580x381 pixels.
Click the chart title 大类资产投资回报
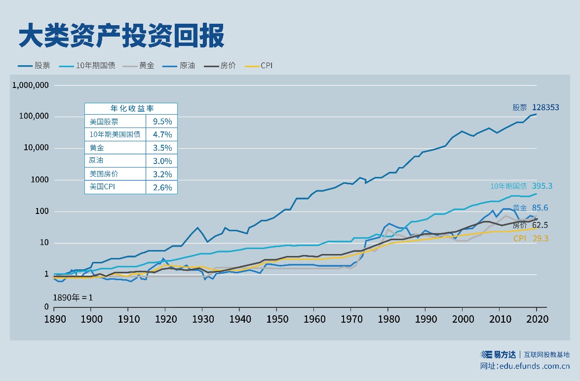pos(121,36)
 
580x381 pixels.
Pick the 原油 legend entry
pos(187,65)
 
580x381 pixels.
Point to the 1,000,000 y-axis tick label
pos(31,85)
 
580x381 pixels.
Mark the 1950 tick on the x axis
pos(276,319)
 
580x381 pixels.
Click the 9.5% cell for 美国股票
pos(161,122)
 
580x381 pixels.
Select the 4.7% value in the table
pos(161,134)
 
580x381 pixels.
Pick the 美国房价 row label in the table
pos(104,174)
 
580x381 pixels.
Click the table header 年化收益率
pos(130,109)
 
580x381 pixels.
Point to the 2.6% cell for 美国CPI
pos(161,187)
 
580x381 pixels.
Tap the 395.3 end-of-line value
pos(542,186)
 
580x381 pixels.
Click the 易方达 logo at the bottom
pos(499,354)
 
